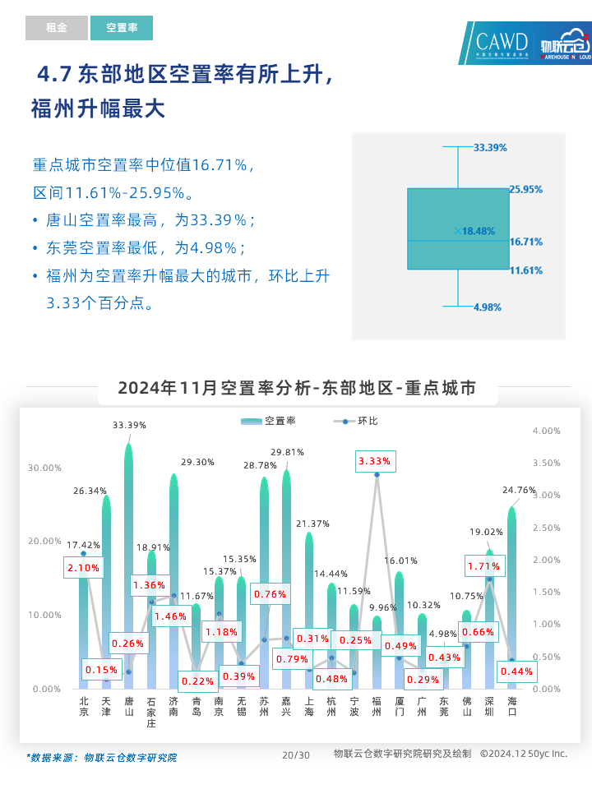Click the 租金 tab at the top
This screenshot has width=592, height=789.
[x=56, y=28]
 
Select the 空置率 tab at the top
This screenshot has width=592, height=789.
[x=122, y=28]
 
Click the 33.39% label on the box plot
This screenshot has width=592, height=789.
[x=490, y=147]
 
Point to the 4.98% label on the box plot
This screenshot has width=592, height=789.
[x=487, y=307]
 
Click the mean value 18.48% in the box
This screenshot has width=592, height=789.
[x=479, y=232]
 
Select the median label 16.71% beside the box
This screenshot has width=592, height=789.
[x=525, y=242]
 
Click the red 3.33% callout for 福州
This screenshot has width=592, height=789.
[x=377, y=462]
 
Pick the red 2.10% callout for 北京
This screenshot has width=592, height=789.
[x=83, y=567]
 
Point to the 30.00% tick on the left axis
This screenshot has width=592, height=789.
[x=45, y=468]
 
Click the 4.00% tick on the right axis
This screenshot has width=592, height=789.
[x=547, y=431]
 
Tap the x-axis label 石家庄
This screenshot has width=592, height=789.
[x=151, y=712]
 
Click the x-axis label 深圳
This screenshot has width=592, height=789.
[x=489, y=706]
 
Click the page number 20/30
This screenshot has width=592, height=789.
[x=296, y=754]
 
